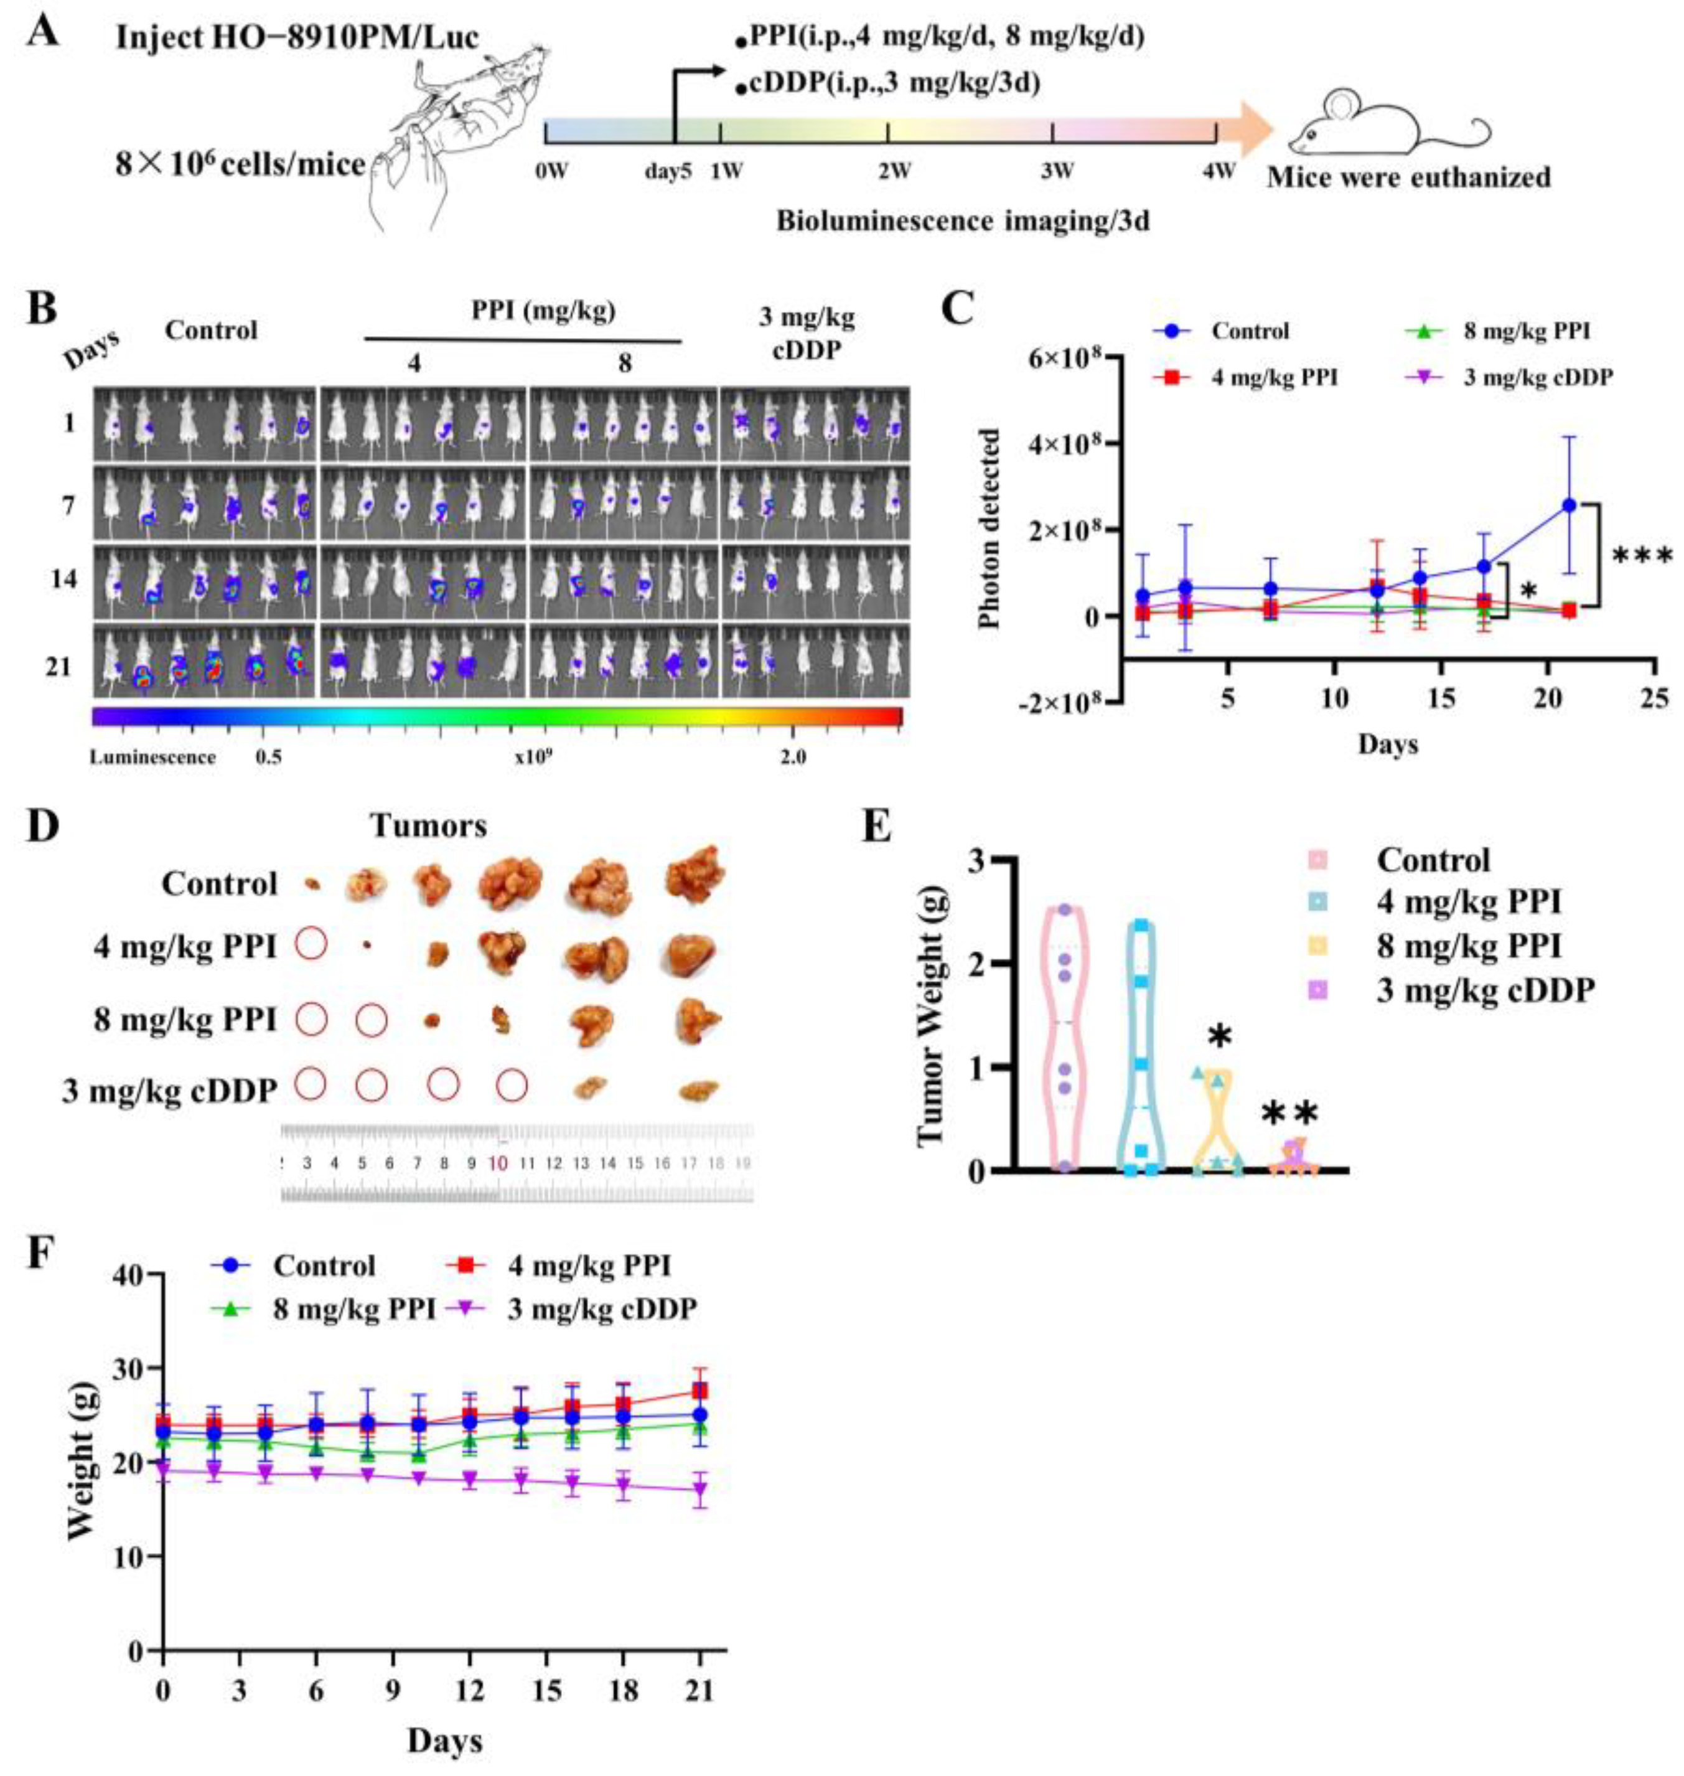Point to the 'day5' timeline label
668,171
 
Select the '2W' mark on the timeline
894,171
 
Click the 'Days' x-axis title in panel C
1387,745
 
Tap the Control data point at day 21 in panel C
1569,505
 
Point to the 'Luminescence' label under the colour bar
152,757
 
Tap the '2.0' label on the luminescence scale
793,757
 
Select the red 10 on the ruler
498,1163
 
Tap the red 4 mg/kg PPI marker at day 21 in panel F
700,1391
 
